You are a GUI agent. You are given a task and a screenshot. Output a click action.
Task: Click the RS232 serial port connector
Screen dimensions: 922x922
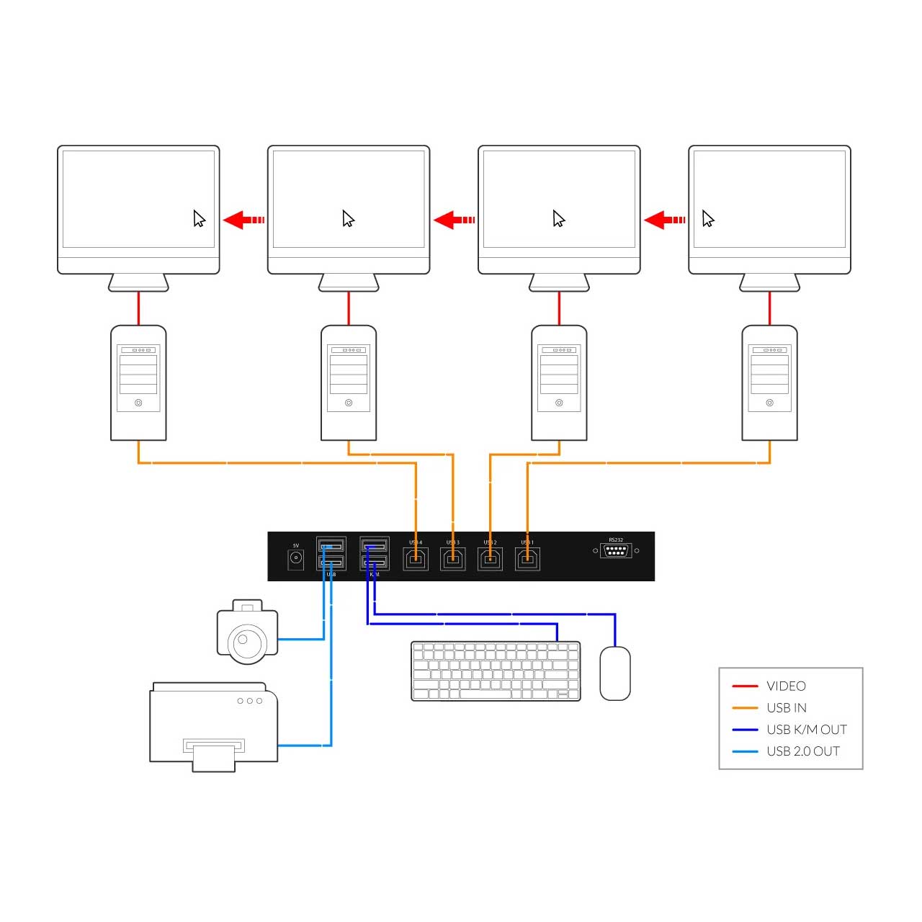616,551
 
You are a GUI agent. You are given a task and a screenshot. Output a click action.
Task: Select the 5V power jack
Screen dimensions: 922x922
295,558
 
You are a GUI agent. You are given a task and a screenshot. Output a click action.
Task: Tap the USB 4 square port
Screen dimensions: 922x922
416,559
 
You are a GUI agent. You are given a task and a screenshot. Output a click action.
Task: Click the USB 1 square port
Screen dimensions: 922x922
528,559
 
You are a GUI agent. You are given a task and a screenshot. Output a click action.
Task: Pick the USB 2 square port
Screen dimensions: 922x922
491,559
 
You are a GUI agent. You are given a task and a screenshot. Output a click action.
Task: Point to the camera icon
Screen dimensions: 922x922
247,632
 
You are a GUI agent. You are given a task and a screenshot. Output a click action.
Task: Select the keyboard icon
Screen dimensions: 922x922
496,671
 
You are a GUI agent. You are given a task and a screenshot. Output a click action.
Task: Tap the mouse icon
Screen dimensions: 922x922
615,673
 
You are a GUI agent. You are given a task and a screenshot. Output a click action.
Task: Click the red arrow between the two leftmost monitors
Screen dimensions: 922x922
243,220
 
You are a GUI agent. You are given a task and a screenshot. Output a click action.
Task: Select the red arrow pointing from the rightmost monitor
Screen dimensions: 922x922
664,220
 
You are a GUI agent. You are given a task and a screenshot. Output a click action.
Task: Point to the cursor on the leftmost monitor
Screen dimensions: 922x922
200,219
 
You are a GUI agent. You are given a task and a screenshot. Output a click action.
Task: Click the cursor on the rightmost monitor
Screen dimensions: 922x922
708,219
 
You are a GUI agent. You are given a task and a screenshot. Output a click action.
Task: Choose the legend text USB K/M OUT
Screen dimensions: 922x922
807,730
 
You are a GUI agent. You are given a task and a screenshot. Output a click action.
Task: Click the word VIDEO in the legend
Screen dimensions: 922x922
786,686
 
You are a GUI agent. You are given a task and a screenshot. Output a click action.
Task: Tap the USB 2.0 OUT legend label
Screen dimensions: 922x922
803,751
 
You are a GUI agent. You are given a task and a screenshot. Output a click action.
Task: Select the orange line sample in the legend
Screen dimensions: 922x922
745,708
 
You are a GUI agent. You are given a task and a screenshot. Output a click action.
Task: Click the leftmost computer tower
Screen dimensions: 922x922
138,382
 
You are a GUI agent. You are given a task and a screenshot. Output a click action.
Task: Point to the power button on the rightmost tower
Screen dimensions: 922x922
769,403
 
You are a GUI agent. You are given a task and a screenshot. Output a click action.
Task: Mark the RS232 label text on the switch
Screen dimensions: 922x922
616,540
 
